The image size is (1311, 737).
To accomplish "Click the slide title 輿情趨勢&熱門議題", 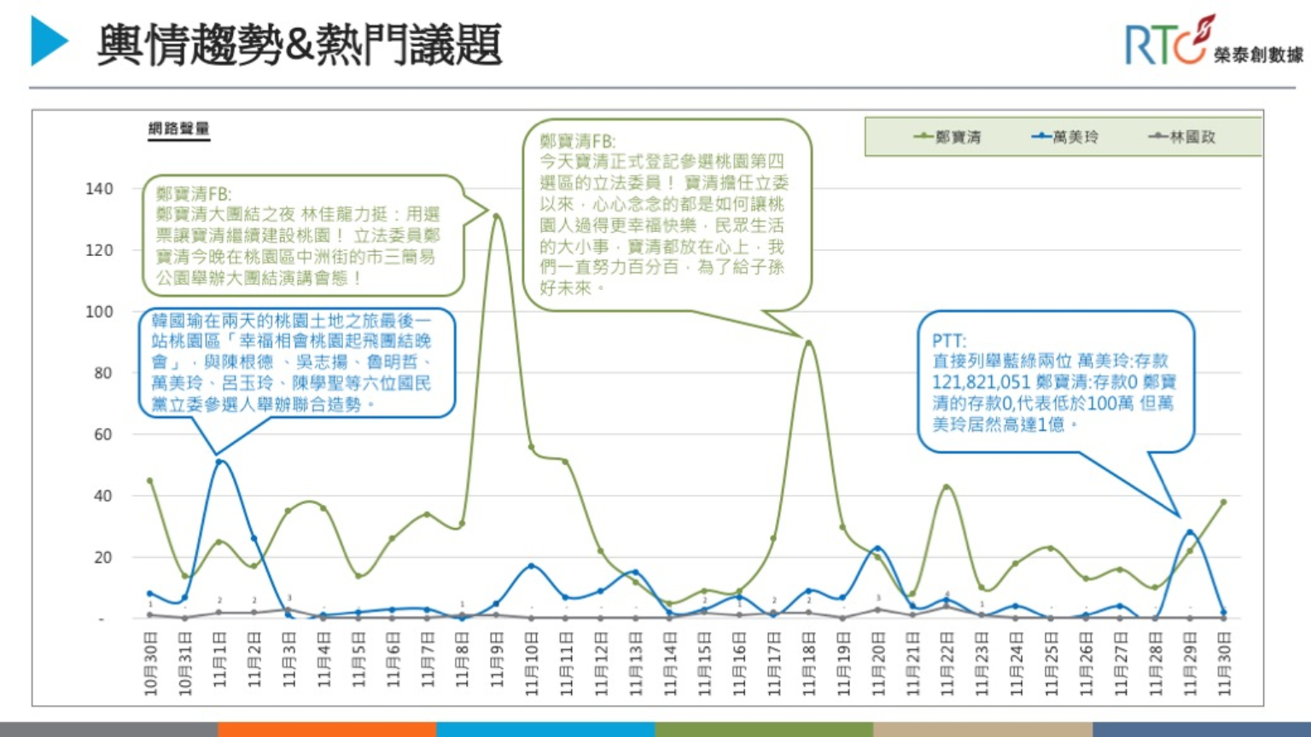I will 299,44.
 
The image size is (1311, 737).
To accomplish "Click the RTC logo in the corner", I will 1212,43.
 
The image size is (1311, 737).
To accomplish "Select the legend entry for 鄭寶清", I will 947,136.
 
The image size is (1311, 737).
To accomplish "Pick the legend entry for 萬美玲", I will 1065,136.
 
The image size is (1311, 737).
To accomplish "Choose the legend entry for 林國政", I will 1182,136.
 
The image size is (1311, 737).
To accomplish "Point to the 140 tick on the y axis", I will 99,189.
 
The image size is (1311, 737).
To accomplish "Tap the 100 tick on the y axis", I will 99,311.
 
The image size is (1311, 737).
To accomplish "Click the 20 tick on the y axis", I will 102,557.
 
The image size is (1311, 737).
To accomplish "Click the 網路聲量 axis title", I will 178,129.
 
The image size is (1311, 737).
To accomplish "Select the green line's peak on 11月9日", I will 497,216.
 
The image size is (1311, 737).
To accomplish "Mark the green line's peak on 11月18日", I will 808,343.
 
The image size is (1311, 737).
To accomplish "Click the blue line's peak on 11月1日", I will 219,461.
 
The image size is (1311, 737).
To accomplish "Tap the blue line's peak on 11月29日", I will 1190,532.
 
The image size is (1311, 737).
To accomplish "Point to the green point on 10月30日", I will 150,480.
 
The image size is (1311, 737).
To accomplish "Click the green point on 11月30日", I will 1224,502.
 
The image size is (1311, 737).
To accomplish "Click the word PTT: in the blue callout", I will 948,340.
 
